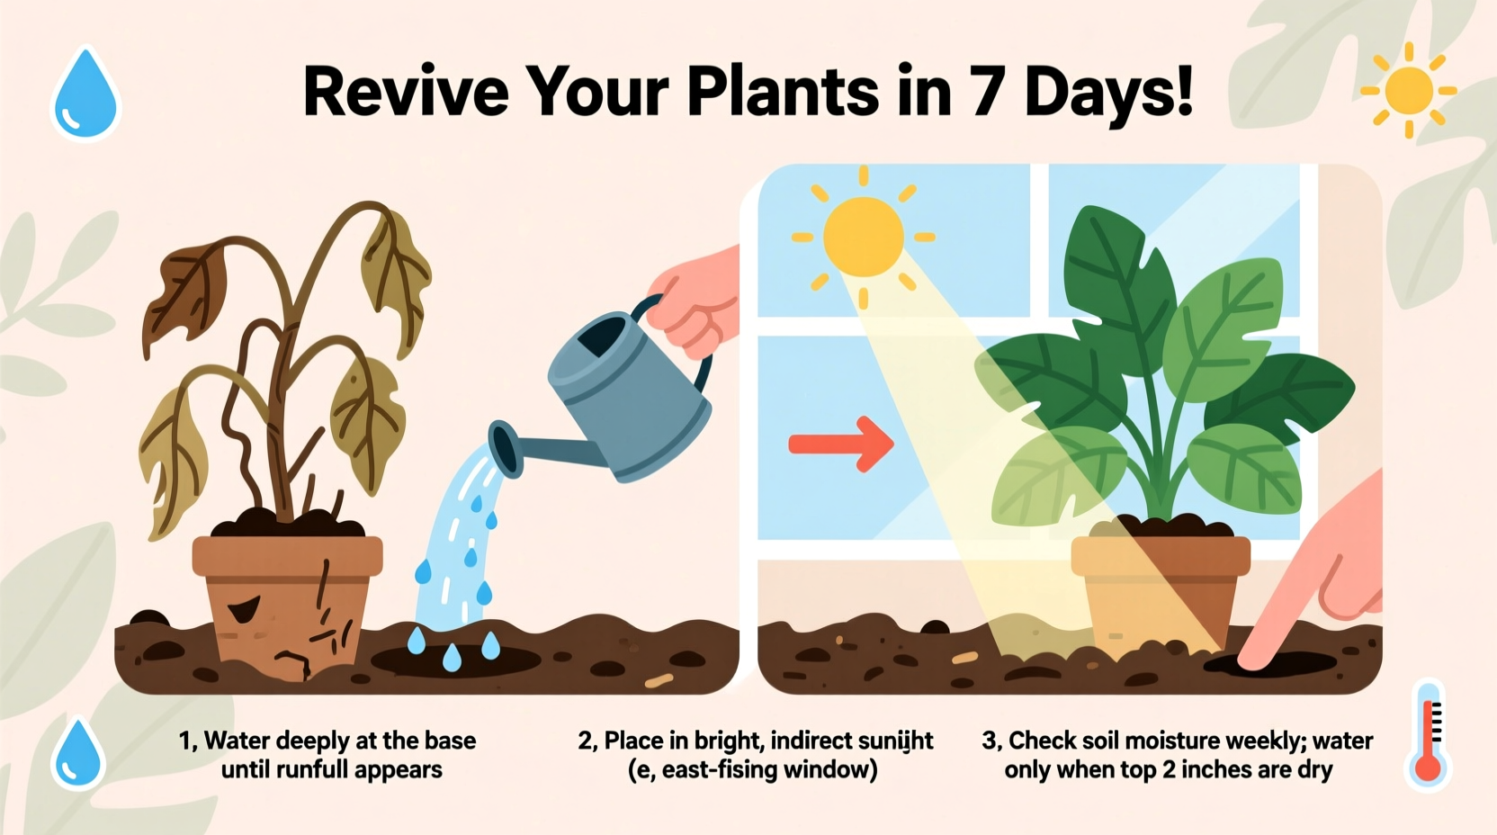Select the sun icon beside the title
tap(1408, 91)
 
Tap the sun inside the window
tap(863, 237)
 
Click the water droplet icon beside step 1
tap(78, 754)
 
